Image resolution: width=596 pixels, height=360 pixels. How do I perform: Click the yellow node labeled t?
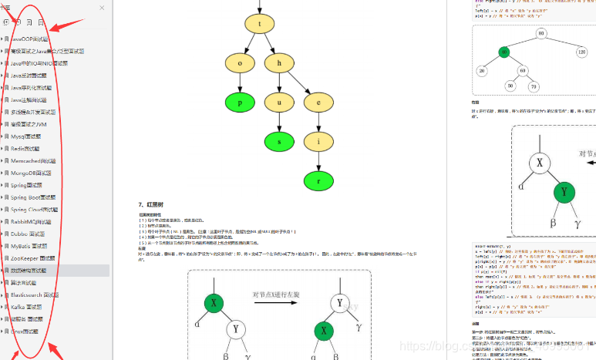tap(260, 24)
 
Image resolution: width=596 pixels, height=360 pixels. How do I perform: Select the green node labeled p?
tap(240, 102)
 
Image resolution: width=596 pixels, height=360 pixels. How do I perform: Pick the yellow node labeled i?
tap(318, 141)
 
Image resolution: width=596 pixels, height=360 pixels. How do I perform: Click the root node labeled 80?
tap(541, 34)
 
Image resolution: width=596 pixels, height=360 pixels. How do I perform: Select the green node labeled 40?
tap(504, 52)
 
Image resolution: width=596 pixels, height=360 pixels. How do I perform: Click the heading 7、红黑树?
tap(152, 204)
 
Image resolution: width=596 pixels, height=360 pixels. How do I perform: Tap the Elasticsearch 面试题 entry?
tap(34, 294)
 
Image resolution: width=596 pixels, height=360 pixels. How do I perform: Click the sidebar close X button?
tap(102, 8)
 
